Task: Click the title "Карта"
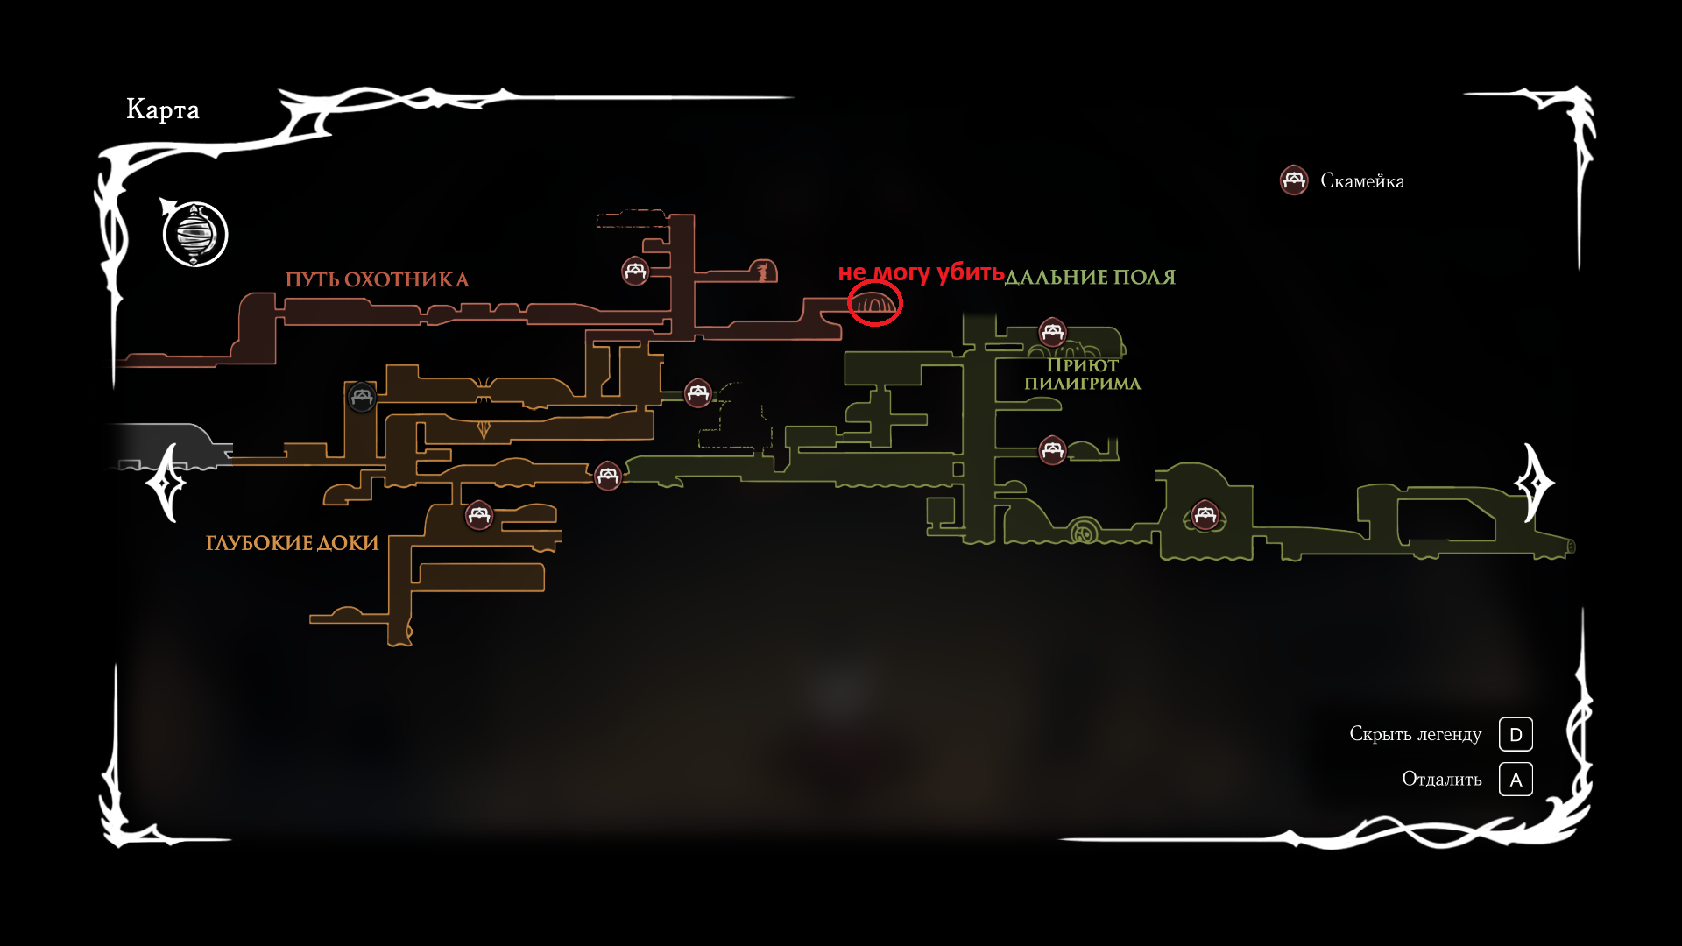[x=163, y=109]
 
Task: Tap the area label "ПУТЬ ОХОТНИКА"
[x=377, y=279]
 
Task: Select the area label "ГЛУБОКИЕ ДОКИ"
[x=292, y=543]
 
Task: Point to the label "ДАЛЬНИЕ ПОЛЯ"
[x=1090, y=278]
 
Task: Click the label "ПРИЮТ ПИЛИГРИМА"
[x=1082, y=374]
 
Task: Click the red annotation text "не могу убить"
[x=921, y=272]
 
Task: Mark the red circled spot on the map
[x=874, y=304]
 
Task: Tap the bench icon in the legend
[x=1294, y=180]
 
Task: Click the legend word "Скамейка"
[x=1362, y=181]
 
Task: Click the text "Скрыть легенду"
[x=1415, y=734]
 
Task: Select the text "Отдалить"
[x=1441, y=780]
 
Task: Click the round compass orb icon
[x=195, y=235]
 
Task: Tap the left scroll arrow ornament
[x=166, y=483]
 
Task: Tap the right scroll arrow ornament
[x=1534, y=483]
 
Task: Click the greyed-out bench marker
[x=361, y=397]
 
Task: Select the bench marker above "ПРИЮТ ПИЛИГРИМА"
[x=1052, y=332]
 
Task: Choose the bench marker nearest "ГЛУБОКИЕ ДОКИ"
[x=478, y=515]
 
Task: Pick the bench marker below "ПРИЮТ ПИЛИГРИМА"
[x=1052, y=450]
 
